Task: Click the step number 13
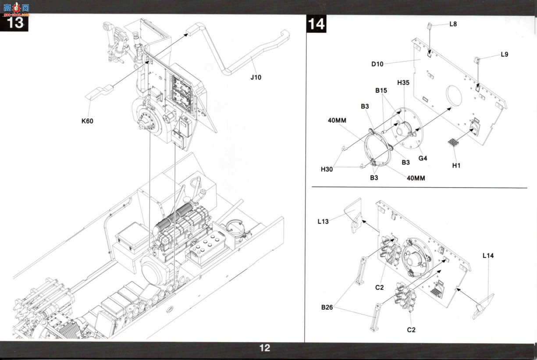15,23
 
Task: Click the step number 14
316,24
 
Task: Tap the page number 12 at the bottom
265,348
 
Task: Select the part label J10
256,78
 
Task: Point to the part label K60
87,121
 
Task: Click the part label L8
453,24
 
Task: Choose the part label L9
505,54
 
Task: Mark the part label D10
377,64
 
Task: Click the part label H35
403,83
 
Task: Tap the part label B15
381,90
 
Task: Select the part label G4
423,158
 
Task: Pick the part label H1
456,165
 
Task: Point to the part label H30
327,169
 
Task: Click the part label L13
323,221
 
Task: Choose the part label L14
488,256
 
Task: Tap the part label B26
327,307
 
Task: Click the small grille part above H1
453,143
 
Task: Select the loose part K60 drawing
99,92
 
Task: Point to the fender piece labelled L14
484,307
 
